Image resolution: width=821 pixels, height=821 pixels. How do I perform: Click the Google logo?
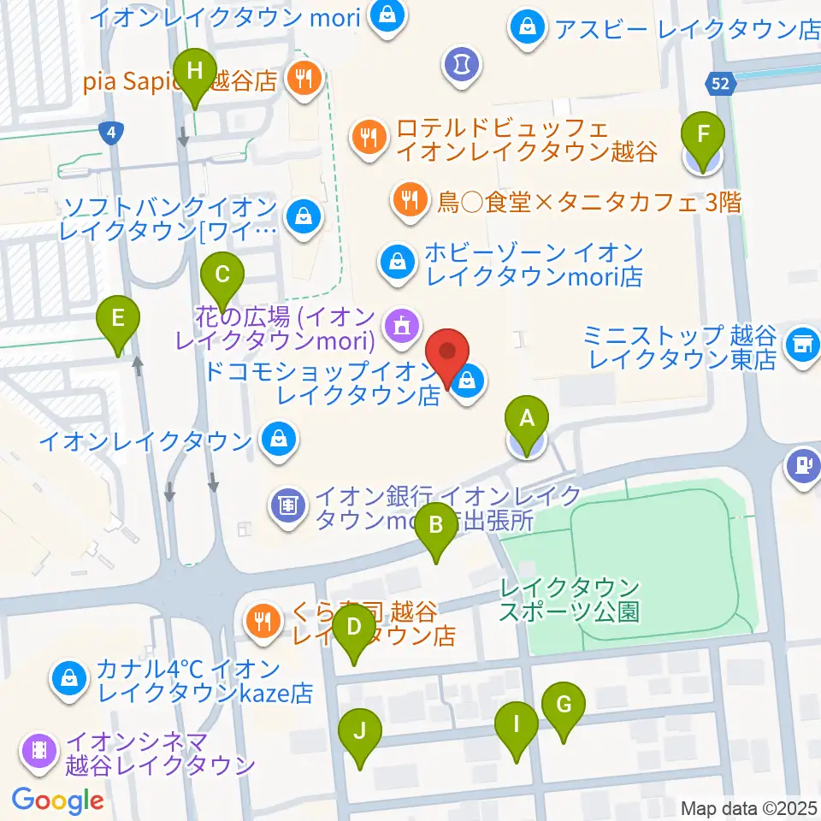[x=57, y=800]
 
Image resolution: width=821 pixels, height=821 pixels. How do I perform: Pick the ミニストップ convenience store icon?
[x=802, y=346]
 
